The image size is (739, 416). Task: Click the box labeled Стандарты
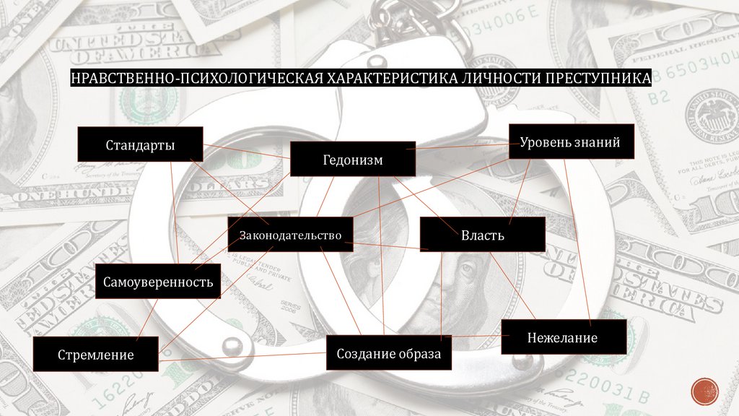coord(141,144)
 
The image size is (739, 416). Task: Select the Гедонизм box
coord(352,159)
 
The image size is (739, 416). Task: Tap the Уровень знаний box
coord(571,142)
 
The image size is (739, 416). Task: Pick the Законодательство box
coord(290,235)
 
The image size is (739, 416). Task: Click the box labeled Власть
coord(482,235)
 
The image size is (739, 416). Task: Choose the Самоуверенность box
coord(157,281)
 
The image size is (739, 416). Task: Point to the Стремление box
coord(96,355)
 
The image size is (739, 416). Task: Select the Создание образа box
coord(388,354)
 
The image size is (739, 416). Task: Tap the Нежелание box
coord(562,337)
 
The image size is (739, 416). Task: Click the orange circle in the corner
coord(704,392)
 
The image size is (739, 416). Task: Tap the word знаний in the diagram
coord(596,142)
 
